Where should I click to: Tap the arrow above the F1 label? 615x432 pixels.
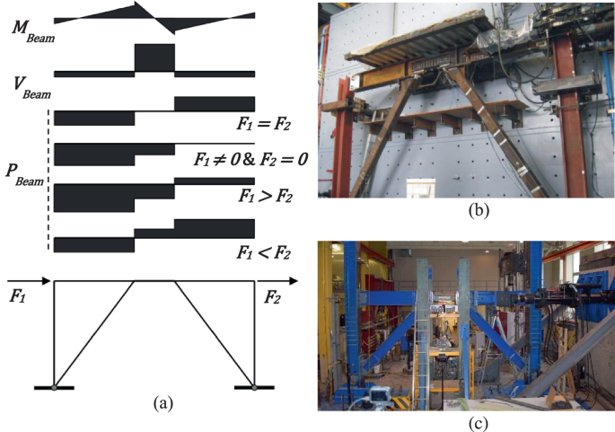click(27, 281)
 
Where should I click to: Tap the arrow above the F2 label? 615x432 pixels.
click(276, 281)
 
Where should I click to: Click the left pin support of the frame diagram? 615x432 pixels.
click(56, 387)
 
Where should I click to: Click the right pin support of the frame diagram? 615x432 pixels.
click(255, 387)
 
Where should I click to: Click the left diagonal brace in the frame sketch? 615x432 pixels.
click(95, 333)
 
